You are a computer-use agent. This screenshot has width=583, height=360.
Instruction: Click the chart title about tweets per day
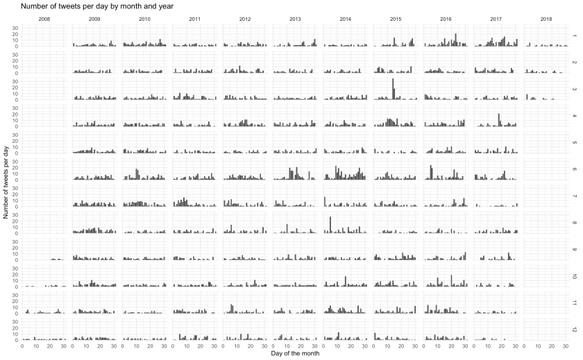click(96, 6)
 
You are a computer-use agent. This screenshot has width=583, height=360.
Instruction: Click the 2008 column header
click(44, 19)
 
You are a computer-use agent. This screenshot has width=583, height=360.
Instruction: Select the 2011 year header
click(195, 19)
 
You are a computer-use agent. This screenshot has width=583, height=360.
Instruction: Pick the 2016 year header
click(446, 19)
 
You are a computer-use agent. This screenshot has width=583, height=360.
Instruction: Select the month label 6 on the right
click(574, 169)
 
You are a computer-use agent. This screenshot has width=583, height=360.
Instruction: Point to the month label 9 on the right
click(574, 250)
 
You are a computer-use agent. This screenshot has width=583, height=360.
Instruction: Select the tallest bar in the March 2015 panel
click(393, 89)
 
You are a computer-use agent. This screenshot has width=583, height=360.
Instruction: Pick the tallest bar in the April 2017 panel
click(499, 119)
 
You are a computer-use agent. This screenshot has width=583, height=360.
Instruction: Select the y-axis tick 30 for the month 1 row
click(15, 28)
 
